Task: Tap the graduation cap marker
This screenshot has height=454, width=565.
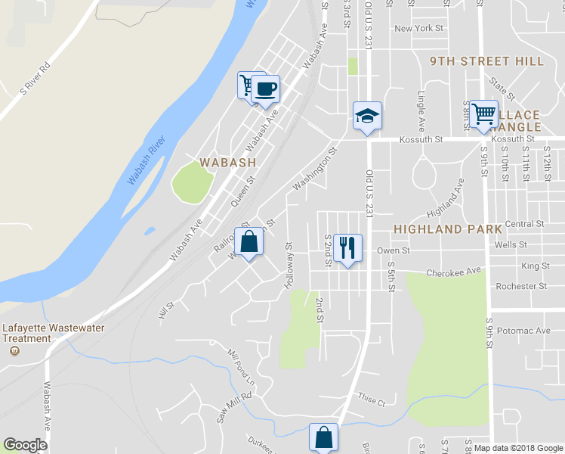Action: pos(367,116)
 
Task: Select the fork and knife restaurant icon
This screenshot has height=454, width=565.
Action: pos(347,247)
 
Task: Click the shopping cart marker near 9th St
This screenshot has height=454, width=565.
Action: pos(483,114)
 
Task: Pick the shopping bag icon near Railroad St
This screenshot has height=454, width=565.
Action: pos(249,243)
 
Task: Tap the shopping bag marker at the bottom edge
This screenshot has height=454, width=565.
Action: pos(324,437)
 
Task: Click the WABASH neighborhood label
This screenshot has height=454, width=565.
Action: pos(227,162)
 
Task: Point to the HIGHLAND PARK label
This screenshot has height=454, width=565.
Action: pos(448,229)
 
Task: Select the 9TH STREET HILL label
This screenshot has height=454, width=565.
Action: pos(486,61)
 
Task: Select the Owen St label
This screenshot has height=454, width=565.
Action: pos(393,250)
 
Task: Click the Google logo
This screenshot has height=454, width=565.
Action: pos(25,445)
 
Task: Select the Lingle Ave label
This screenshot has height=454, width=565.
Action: pos(421,110)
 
